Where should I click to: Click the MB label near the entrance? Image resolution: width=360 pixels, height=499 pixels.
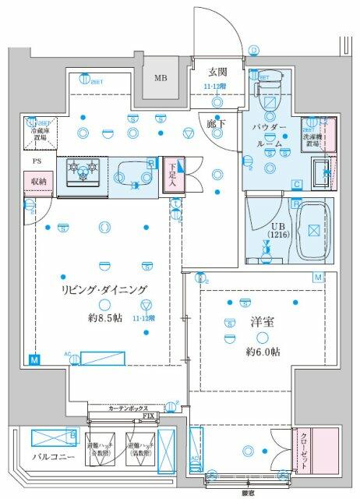pyautogui.click(x=160, y=78)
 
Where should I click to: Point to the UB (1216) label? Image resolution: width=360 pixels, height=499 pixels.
pyautogui.click(x=278, y=230)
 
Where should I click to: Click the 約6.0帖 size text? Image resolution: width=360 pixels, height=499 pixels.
pyautogui.click(x=263, y=352)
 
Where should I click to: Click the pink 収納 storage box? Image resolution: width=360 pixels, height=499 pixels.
pyautogui.click(x=38, y=182)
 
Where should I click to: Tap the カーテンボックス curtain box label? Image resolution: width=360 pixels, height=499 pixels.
pyautogui.click(x=125, y=409)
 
